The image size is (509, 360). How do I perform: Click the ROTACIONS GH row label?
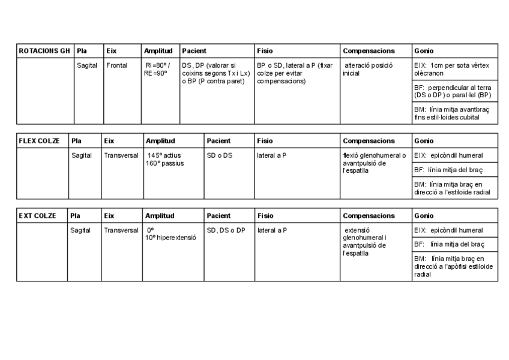click(44, 51)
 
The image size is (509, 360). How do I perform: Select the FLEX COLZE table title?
click(39, 141)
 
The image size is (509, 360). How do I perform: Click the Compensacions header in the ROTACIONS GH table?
click(369, 51)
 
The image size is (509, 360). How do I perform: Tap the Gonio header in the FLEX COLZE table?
click(424, 141)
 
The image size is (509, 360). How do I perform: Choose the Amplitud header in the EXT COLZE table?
click(160, 215)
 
